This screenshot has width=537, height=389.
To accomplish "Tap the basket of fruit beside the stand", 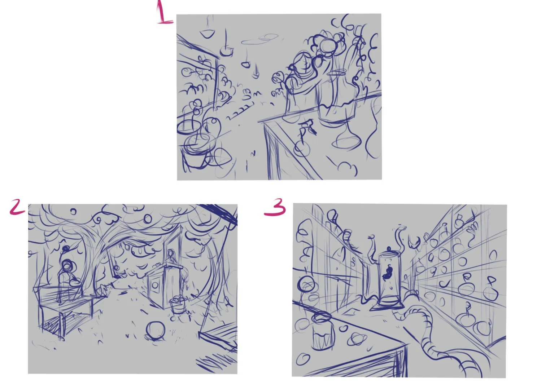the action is pos(178,305).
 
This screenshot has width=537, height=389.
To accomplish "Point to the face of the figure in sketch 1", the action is pos(302,63).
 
